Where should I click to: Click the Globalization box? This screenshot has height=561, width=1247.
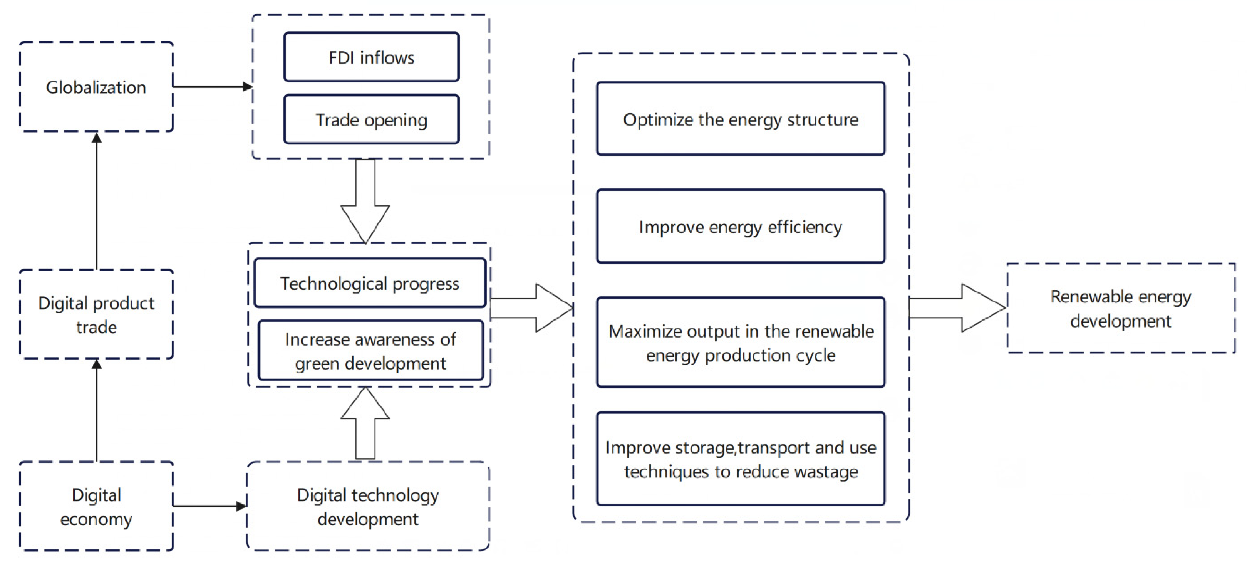point(96,87)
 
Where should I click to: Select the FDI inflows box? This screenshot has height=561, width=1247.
point(371,57)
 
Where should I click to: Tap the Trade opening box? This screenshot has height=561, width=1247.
point(371,120)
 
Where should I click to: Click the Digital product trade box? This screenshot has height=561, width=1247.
point(96,315)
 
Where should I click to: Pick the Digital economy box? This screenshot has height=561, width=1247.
point(96,506)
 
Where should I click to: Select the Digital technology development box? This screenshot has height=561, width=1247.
point(368,506)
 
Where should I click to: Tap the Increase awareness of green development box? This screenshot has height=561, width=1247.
point(370,351)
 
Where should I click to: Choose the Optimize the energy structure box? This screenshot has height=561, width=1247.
point(741,119)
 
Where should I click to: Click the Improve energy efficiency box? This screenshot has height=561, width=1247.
point(741,227)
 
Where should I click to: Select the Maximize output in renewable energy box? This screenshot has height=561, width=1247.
point(741,343)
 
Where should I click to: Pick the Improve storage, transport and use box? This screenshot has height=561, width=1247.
point(741,459)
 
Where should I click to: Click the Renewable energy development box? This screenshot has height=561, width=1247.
point(1121,309)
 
